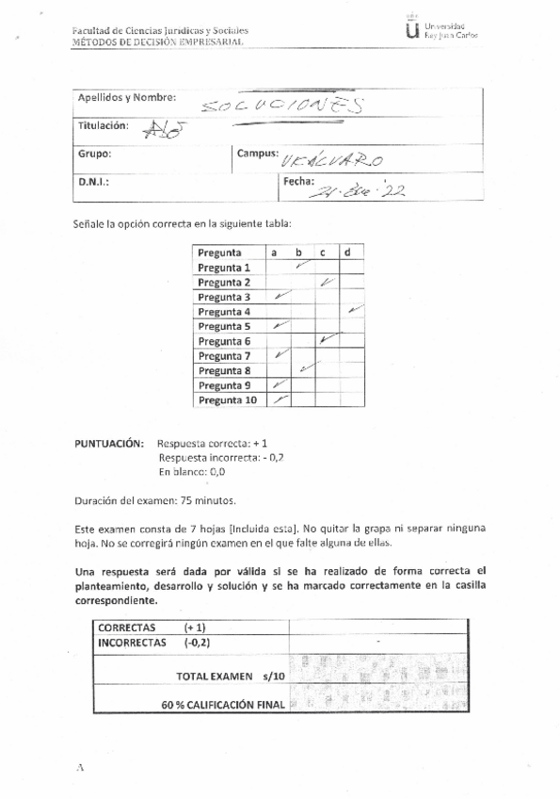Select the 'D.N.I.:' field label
pyautogui.click(x=93, y=182)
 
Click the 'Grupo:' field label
pyautogui.click(x=94, y=153)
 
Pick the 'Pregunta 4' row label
pyautogui.click(x=225, y=312)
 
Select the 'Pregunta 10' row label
pyautogui.click(x=228, y=400)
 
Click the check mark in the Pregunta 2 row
pyautogui.click(x=327, y=282)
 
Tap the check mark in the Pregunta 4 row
pyautogui.click(x=353, y=310)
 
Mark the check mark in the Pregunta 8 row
pyautogui.click(x=304, y=369)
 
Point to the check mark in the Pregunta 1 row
pyautogui.click(x=301, y=267)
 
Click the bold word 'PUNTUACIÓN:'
pyautogui.click(x=109, y=442)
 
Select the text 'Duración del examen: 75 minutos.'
pyautogui.click(x=154, y=500)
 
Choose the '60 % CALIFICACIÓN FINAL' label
pyautogui.click(x=223, y=704)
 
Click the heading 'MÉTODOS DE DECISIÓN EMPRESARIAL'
pyautogui.click(x=157, y=42)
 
